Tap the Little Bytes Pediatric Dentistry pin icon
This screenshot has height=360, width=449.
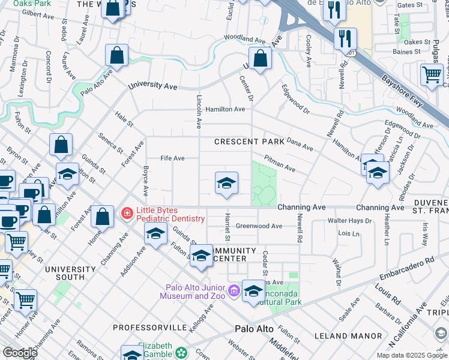[x=127, y=213]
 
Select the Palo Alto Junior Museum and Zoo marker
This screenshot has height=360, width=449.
[x=233, y=292]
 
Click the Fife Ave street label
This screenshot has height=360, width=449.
[x=172, y=158]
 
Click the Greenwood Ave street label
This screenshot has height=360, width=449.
[x=259, y=226]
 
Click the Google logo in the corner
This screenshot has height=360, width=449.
[x=20, y=352]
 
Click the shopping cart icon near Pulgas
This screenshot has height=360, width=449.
[x=432, y=75]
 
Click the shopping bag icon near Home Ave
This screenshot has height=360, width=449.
[x=103, y=217]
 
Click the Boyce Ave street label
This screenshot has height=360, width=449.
[x=146, y=181]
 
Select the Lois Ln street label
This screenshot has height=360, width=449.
[x=349, y=233]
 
